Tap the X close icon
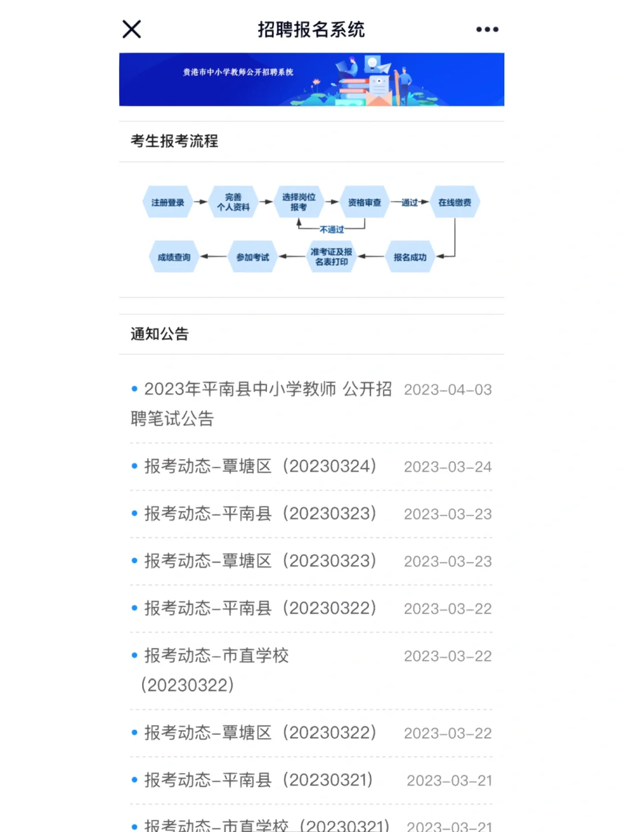click(x=132, y=29)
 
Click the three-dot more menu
click(x=487, y=29)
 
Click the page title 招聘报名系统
click(x=311, y=29)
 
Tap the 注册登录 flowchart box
click(x=168, y=202)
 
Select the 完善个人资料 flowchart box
click(x=233, y=202)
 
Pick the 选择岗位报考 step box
click(x=299, y=202)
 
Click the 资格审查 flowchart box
click(x=365, y=202)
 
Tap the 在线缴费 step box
click(x=455, y=202)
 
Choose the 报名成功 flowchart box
click(x=410, y=257)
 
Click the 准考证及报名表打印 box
click(x=331, y=257)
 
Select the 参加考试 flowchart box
click(x=252, y=257)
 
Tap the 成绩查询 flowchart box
click(x=174, y=257)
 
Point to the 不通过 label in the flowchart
click(x=332, y=229)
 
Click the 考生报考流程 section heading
click(x=174, y=141)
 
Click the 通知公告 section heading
click(x=159, y=334)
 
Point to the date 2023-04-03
click(x=448, y=390)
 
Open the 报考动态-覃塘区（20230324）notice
click(x=260, y=466)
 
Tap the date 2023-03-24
click(x=448, y=467)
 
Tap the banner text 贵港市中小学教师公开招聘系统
click(x=238, y=72)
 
